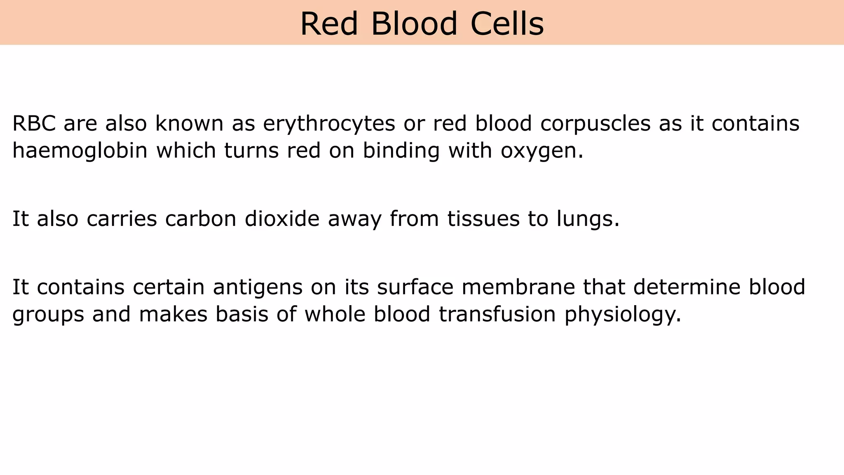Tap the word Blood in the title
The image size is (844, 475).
pyautogui.click(x=414, y=24)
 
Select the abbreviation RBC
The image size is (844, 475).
pyautogui.click(x=34, y=123)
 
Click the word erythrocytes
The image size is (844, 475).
pyautogui.click(x=329, y=124)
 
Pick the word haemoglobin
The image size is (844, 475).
pyautogui.click(x=80, y=151)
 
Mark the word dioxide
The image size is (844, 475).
pyautogui.click(x=282, y=219)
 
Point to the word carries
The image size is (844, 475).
pyautogui.click(x=122, y=219)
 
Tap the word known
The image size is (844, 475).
pyautogui.click(x=189, y=123)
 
